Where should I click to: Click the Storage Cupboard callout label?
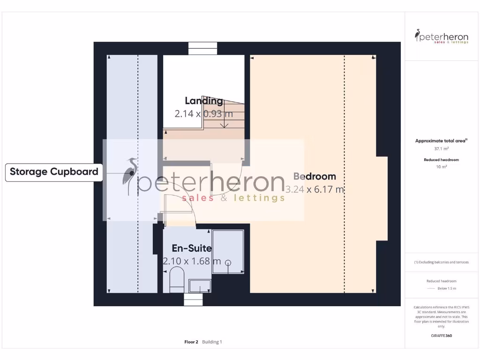pyautogui.click(x=54, y=172)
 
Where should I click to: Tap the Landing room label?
pyautogui.click(x=204, y=101)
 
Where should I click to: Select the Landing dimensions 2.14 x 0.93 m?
pyautogui.click(x=204, y=113)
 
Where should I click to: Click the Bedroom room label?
pyautogui.click(x=315, y=177)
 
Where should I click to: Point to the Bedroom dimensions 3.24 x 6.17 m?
pyautogui.click(x=315, y=189)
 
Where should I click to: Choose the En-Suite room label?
pyautogui.click(x=192, y=248)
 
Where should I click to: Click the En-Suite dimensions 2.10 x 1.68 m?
pyautogui.click(x=192, y=261)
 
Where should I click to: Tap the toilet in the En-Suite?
pyautogui.click(x=176, y=279)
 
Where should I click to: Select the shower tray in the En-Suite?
pyautogui.click(x=228, y=251)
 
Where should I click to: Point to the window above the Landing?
pyautogui.click(x=203, y=48)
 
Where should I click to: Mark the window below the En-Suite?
pyautogui.click(x=193, y=300)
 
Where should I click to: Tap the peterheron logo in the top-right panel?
pyautogui.click(x=442, y=37)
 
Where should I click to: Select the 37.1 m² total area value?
pyautogui.click(x=441, y=149)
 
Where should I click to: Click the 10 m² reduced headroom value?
pyautogui.click(x=441, y=166)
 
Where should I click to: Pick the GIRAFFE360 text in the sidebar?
pyautogui.click(x=441, y=336)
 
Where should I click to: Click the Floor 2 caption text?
pyautogui.click(x=191, y=342)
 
